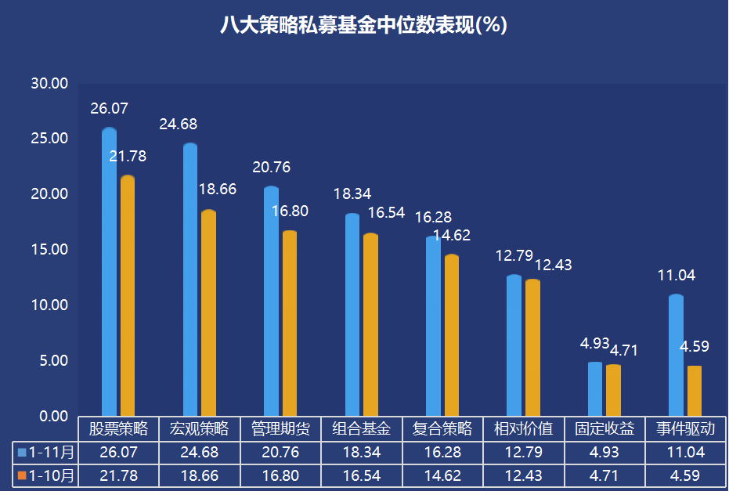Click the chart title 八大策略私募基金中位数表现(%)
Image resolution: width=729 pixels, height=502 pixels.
tap(364, 26)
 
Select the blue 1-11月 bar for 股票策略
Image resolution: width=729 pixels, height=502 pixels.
tap(110, 274)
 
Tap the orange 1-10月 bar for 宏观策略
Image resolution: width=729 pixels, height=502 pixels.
tap(208, 313)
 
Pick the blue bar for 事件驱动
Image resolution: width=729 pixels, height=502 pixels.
tap(676, 356)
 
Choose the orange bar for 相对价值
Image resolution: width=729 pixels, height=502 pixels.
tap(532, 348)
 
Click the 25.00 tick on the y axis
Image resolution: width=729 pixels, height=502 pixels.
tap(49, 139)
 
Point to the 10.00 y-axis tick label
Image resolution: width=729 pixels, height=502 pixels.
tap(49, 305)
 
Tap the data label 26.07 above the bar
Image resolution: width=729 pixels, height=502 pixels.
tap(109, 109)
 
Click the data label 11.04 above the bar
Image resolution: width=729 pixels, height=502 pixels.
tap(676, 276)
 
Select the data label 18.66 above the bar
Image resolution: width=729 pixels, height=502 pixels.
tap(217, 190)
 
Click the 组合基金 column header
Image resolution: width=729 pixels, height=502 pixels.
tap(362, 429)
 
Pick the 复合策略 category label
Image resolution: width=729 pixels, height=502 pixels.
tap(442, 429)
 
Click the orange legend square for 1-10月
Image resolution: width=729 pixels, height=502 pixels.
tap(22, 476)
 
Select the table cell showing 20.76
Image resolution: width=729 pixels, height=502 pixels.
tap(280, 453)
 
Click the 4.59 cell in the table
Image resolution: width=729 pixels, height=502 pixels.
tap(686, 475)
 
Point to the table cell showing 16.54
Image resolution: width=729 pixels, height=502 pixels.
tap(362, 475)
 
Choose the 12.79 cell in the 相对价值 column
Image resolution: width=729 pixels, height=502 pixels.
tap(524, 453)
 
